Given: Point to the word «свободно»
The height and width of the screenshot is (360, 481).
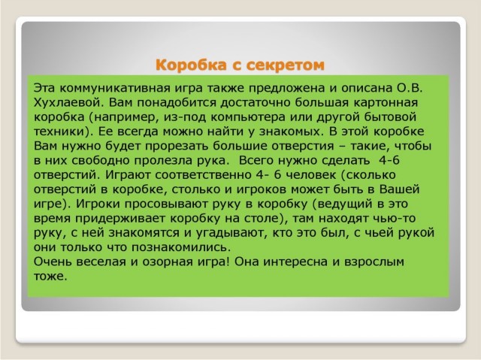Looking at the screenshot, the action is click(x=100, y=160).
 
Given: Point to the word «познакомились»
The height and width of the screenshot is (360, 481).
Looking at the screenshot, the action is click(x=181, y=247).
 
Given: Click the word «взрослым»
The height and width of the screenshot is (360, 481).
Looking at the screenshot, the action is click(x=374, y=262).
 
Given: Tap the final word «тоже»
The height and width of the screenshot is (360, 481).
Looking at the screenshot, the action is click(x=50, y=277).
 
